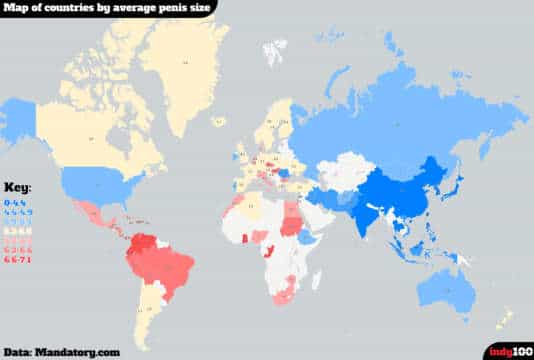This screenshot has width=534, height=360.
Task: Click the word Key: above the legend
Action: pos(19,187)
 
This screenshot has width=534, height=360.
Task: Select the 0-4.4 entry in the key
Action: pos(19,201)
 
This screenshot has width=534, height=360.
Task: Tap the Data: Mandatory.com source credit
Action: pos(62,352)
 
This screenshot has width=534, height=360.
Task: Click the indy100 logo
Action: pos(509,351)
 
